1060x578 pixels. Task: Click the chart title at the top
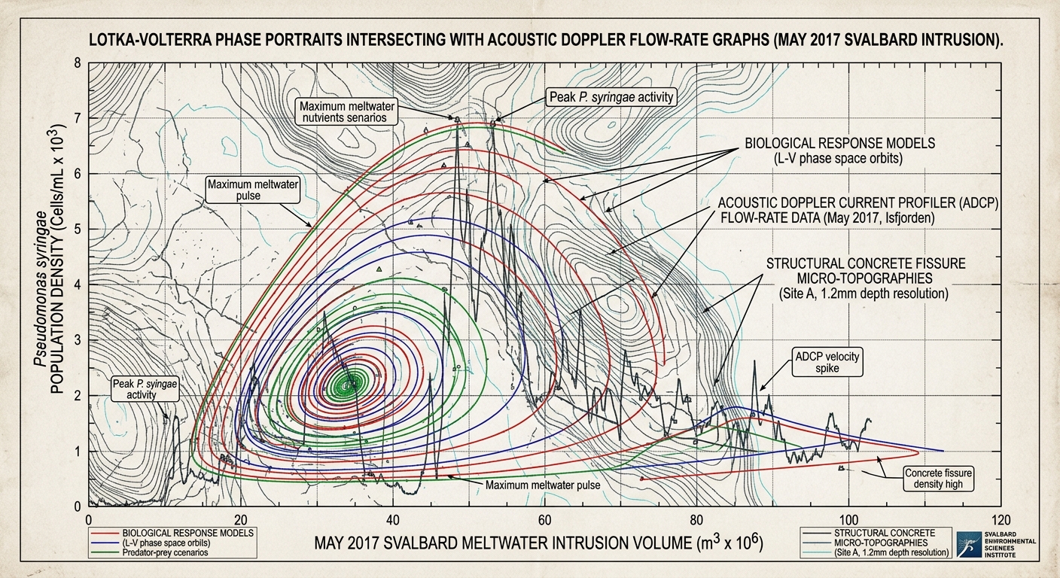(547, 40)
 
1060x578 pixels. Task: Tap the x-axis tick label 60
(544, 520)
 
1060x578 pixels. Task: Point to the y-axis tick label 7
(78, 117)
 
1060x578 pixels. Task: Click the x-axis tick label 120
(1000, 520)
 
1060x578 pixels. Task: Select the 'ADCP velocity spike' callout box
(827, 362)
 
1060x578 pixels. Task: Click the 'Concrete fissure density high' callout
(938, 478)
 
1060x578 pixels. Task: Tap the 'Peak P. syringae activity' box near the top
(611, 97)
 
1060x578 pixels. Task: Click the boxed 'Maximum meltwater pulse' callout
(253, 190)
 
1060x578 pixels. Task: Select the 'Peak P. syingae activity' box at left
(144, 389)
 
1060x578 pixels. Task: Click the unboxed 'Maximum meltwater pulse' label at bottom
(542, 485)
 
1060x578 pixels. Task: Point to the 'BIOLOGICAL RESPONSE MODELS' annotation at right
(840, 151)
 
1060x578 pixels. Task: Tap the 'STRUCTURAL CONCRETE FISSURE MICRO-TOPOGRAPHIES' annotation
(866, 278)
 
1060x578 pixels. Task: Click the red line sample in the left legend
(105, 534)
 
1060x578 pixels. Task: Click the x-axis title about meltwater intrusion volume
(538, 543)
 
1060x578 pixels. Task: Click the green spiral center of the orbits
(350, 385)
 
